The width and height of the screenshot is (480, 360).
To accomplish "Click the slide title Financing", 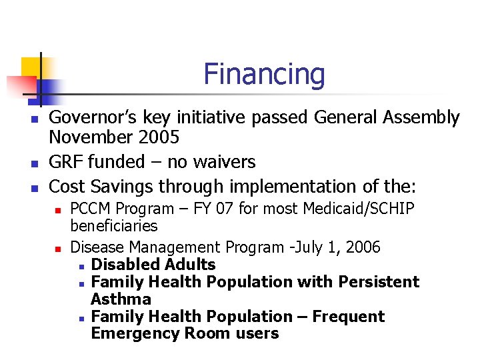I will click(x=264, y=73).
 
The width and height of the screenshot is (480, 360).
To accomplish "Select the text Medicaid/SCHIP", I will click(x=359, y=209).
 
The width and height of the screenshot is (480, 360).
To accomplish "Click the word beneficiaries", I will click(x=114, y=226).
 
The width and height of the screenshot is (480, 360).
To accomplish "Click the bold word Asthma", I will click(x=121, y=299).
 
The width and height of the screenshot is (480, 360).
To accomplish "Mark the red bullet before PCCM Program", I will click(x=58, y=210).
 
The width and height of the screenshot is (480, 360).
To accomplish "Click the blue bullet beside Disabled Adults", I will click(x=80, y=265).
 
